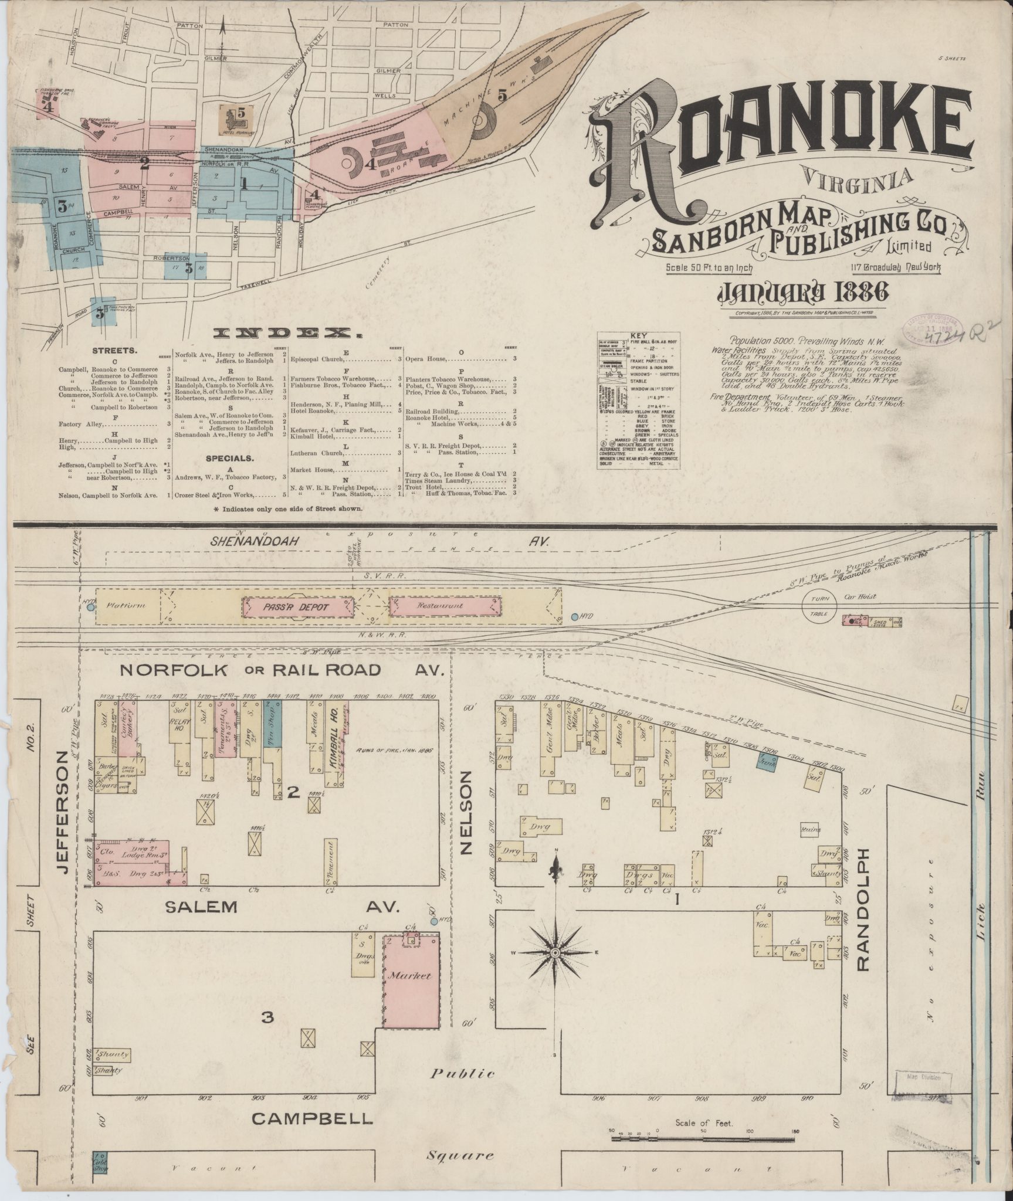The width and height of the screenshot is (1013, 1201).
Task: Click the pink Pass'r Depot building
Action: pyautogui.click(x=299, y=607)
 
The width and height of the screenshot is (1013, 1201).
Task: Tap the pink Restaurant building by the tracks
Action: pyautogui.click(x=445, y=606)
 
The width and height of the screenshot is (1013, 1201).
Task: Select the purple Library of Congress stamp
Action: pyautogui.click(x=930, y=334)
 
